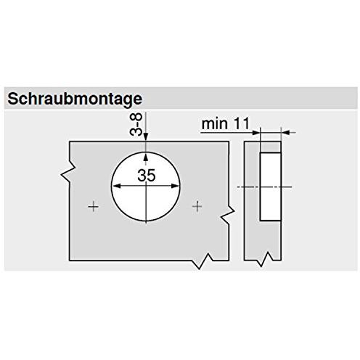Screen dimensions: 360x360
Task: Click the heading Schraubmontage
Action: click(75, 99)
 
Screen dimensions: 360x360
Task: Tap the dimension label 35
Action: click(147, 176)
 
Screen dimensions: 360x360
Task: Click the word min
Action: click(215, 123)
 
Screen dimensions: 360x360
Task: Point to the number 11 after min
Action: click(241, 123)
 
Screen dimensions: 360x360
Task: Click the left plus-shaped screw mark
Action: click(94, 207)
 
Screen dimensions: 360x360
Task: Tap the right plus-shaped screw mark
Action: click(197, 207)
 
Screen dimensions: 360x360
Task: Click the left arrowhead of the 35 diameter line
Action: click(117, 186)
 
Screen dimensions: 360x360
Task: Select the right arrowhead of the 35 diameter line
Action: click(175, 186)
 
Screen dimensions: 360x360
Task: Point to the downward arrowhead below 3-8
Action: click(146, 137)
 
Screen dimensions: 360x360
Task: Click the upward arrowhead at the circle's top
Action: click(146, 157)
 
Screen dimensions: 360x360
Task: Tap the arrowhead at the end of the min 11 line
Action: click(256, 133)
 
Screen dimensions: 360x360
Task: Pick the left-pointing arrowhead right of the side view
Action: click(285, 133)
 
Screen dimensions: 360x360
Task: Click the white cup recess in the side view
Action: click(271, 187)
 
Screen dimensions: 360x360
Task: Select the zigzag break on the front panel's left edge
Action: click(68, 172)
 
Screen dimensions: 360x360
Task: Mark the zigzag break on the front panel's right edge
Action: click(227, 213)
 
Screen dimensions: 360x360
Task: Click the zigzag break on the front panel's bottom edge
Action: click(202, 261)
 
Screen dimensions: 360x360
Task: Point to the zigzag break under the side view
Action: click(264, 259)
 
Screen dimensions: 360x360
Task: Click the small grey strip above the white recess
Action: click(271, 147)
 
